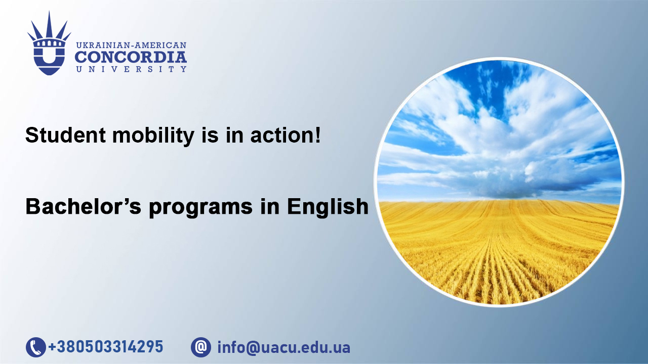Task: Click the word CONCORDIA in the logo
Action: tap(131, 57)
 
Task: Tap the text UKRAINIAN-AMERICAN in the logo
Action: tap(131, 45)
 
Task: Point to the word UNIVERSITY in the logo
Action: tap(131, 69)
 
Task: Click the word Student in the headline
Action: tap(66, 135)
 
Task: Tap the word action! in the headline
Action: tap(286, 135)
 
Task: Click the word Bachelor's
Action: tap(84, 206)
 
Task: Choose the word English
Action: tap(328, 207)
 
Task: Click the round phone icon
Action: tap(36, 347)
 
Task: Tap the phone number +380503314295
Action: tap(106, 347)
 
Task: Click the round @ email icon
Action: tap(201, 347)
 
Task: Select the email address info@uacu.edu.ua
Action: tap(284, 347)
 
